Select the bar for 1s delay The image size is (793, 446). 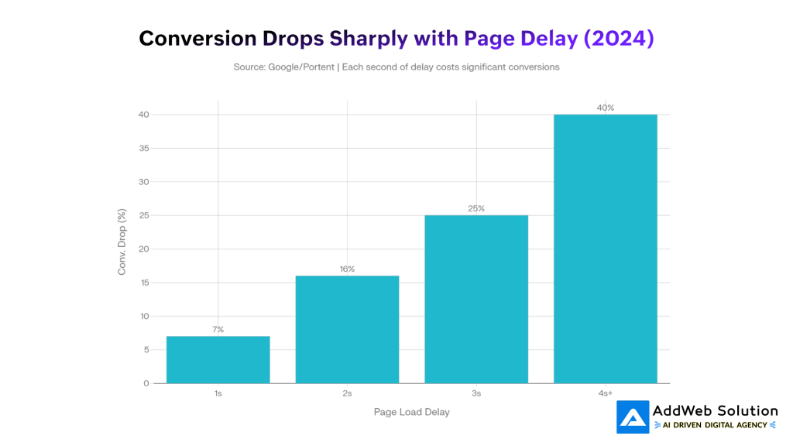pyautogui.click(x=218, y=359)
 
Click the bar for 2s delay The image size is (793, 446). pyautogui.click(x=347, y=329)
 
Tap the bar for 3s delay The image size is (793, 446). pyautogui.click(x=476, y=299)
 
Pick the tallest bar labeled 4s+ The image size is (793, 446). pyautogui.click(x=606, y=249)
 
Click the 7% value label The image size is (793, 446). pyautogui.click(x=218, y=329)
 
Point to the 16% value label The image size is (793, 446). pyautogui.click(x=347, y=269)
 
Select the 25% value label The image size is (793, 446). pyautogui.click(x=476, y=208)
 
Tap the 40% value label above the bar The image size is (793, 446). pyautogui.click(x=606, y=108)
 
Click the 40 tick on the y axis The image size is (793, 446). pyautogui.click(x=144, y=115)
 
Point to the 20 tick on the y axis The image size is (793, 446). pyautogui.click(x=144, y=249)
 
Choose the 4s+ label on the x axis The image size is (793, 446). pyautogui.click(x=606, y=394)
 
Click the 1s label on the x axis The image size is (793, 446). pyautogui.click(x=218, y=394)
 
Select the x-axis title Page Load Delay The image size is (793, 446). pyautogui.click(x=411, y=412)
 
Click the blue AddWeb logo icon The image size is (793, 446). pyautogui.click(x=633, y=417)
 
